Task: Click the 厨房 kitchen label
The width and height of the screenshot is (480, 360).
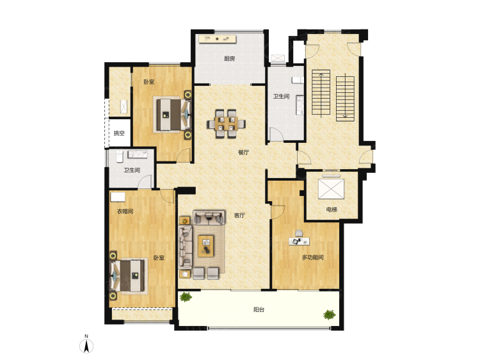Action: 229,58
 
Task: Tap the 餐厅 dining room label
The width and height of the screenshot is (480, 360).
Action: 243,152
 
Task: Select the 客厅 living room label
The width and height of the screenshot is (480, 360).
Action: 239,215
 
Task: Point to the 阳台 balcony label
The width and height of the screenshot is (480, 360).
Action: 259,309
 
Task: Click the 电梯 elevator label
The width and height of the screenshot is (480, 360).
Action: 332,210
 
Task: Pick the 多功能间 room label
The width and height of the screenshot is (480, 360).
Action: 312,258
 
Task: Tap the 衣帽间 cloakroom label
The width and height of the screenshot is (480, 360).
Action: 125,211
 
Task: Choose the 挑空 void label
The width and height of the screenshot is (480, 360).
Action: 119,133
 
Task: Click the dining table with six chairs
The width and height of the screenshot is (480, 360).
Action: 226,124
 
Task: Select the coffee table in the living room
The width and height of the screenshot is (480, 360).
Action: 205,246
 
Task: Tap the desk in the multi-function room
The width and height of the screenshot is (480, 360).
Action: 299,241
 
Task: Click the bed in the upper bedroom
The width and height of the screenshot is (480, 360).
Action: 172,115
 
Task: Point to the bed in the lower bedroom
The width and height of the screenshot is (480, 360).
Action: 129,275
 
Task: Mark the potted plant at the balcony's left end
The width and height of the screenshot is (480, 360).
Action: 186,297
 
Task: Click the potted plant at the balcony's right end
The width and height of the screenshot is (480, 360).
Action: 329,315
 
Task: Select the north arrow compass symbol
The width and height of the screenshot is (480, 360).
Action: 86,346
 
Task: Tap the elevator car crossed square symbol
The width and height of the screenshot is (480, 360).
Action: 331,189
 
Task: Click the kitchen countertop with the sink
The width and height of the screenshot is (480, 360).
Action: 218,39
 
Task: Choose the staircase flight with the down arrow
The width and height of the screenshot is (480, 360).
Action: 345,99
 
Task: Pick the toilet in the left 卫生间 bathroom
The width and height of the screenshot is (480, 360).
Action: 120,156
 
